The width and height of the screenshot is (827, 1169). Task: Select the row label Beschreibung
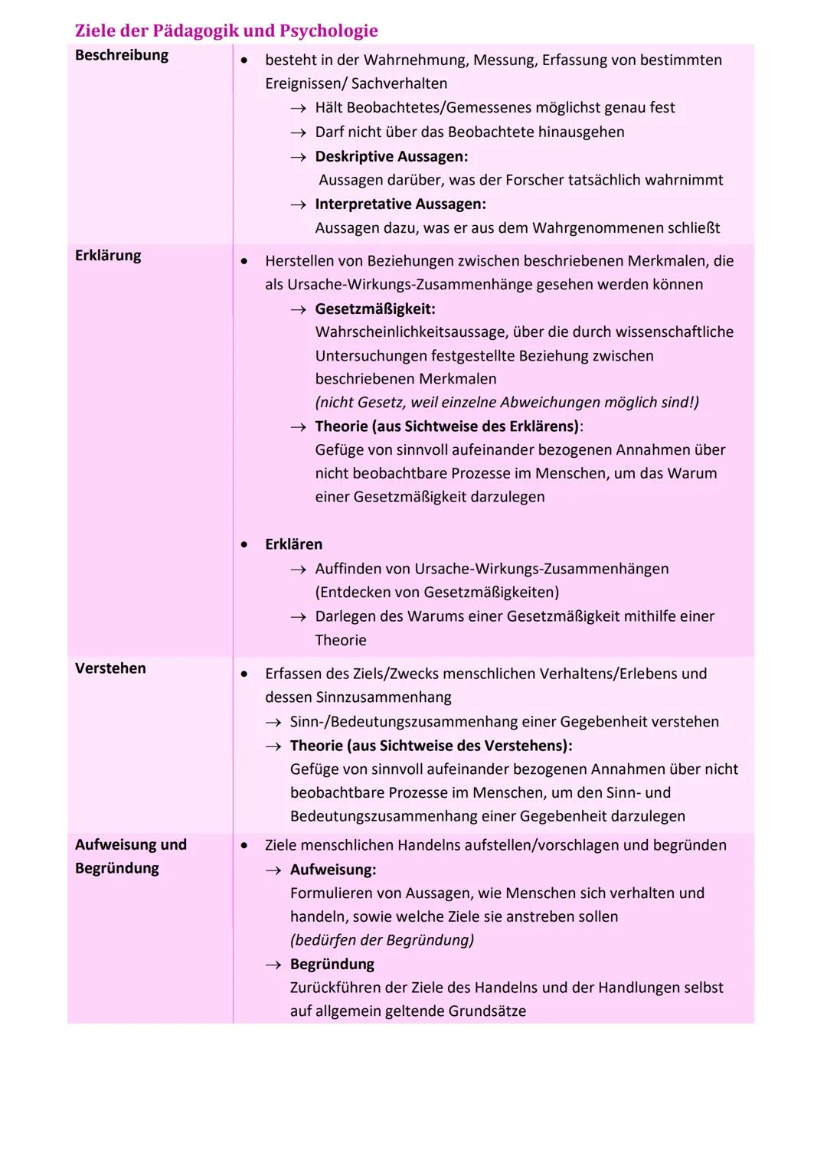point(121,55)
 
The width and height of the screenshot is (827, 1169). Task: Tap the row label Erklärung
point(108,256)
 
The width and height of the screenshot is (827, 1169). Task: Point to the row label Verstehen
point(110,668)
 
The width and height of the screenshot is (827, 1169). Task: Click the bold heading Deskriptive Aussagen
point(391,156)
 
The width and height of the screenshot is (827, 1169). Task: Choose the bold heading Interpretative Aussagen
point(400,204)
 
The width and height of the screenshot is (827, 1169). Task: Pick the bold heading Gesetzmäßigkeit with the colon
point(374,309)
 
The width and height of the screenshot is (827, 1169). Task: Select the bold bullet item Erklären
point(293,544)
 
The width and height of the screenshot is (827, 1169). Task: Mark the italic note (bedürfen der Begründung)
point(381,940)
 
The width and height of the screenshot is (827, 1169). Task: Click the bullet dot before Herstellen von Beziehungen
point(244,261)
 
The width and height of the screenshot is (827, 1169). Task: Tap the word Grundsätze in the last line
point(487,1011)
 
